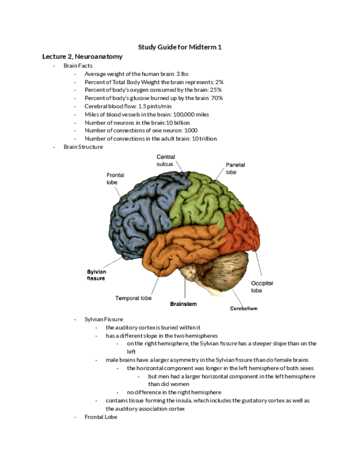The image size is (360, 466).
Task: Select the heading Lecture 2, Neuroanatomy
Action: point(82,57)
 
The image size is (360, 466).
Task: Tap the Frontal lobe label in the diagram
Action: point(115,179)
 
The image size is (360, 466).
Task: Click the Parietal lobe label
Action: point(235,168)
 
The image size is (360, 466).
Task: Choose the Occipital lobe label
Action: point(262,287)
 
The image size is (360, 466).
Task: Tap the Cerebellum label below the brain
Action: point(243,308)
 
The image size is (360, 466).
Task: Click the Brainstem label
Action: point(183,304)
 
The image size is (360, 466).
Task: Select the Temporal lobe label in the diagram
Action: point(133,298)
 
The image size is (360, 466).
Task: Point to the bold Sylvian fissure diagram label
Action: point(96,275)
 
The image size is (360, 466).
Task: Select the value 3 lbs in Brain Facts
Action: point(181,74)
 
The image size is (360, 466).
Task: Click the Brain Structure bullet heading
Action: point(83,147)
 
